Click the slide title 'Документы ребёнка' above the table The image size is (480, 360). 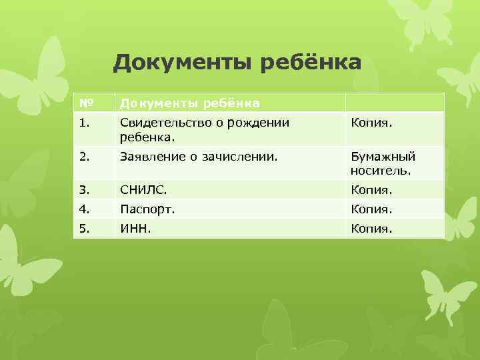237,63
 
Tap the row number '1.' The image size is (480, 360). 84,123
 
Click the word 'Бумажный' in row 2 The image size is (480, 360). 383,157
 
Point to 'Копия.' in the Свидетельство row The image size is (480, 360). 372,123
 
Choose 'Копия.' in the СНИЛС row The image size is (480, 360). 372,190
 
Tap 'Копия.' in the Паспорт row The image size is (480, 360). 372,209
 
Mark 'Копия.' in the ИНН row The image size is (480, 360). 372,229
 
